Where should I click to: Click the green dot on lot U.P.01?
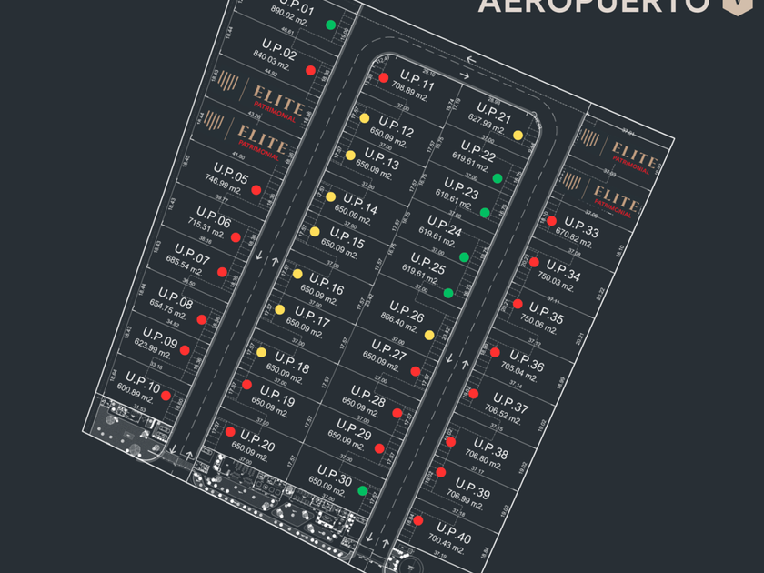click(331, 25)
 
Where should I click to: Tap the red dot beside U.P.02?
click(310, 70)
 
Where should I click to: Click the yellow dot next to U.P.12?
click(364, 118)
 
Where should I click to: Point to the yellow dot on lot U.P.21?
click(518, 135)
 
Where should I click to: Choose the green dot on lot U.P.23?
click(485, 213)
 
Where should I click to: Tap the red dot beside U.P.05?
click(256, 190)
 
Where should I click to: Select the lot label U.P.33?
click(581, 227)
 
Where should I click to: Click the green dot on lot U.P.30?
click(362, 491)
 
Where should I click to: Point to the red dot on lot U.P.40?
click(417, 520)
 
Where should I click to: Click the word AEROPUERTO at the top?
click(593, 5)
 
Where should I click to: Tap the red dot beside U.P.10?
click(166, 397)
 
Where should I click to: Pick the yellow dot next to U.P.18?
click(261, 352)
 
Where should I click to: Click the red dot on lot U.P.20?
click(230, 432)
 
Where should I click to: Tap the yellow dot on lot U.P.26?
click(429, 335)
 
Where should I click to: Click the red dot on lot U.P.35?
click(518, 304)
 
